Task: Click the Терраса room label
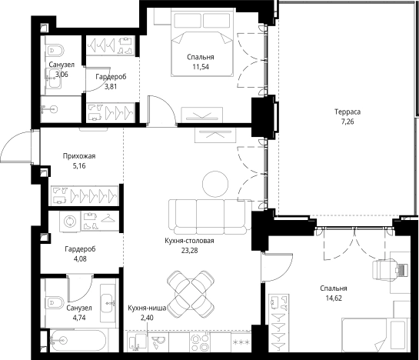[x=348, y=112]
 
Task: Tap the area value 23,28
[x=189, y=251]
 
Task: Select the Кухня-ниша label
[x=147, y=308]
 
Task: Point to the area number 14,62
[x=334, y=298]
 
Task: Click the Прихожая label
[x=79, y=156]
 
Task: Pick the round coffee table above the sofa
[x=215, y=184]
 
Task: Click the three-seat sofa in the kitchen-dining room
[x=210, y=217]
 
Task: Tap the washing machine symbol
[x=70, y=222]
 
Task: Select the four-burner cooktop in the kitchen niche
[x=200, y=342]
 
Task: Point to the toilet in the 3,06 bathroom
[x=55, y=50]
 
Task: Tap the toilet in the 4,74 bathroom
[x=55, y=302]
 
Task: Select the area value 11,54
[x=201, y=67]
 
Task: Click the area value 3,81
[x=111, y=86]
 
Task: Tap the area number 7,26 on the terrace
[x=348, y=122]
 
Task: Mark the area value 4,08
[x=80, y=258]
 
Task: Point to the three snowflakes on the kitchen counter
[x=241, y=342]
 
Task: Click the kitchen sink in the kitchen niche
[x=159, y=342]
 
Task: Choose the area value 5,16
[x=79, y=166]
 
